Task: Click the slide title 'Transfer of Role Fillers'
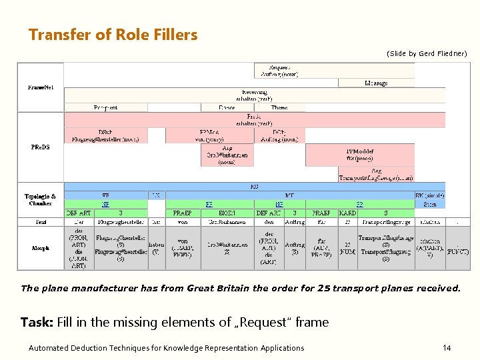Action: [113, 35]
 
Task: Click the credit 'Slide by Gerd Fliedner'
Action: [427, 53]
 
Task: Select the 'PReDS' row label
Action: [40, 147]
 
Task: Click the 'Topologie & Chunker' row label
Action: [41, 200]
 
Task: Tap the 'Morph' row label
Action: [41, 248]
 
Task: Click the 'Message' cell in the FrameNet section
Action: [376, 83]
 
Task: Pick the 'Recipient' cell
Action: [105, 107]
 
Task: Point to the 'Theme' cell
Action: [279, 107]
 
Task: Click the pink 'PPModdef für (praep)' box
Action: [360, 155]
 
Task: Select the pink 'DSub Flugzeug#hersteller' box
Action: [105, 136]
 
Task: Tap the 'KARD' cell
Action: [347, 213]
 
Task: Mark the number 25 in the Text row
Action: [347, 221]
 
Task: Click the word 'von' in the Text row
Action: [183, 221]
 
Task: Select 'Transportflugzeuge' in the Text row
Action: [386, 221]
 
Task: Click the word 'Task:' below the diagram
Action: [36, 323]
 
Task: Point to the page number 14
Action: [447, 348]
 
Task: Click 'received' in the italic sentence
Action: [437, 289]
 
